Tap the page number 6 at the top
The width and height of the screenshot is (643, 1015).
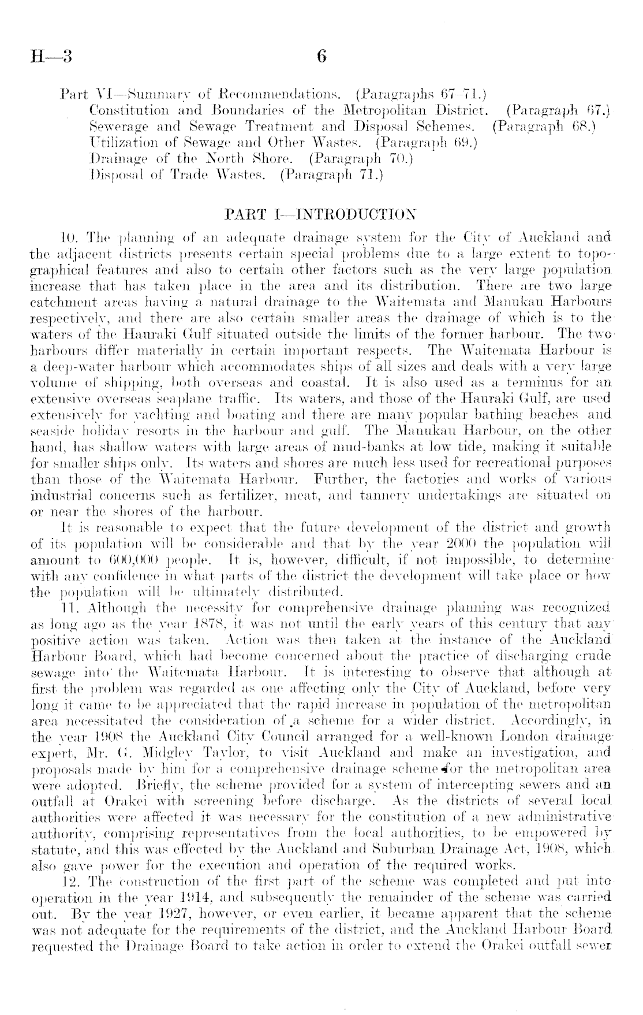tap(321, 57)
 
